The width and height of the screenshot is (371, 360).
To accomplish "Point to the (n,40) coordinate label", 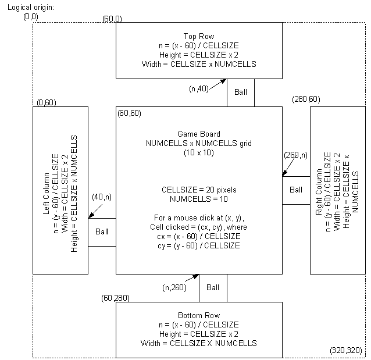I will click(x=199, y=88).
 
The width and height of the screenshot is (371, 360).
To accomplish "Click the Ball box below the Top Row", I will click(x=240, y=92).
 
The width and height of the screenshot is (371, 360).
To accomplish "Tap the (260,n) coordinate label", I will click(x=297, y=156).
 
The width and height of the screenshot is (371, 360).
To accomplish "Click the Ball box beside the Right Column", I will click(x=296, y=190).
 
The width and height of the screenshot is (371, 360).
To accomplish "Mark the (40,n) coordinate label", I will click(x=102, y=197).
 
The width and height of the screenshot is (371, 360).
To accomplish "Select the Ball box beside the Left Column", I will click(x=102, y=231).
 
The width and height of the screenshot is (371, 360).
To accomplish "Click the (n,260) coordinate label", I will click(x=174, y=287).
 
